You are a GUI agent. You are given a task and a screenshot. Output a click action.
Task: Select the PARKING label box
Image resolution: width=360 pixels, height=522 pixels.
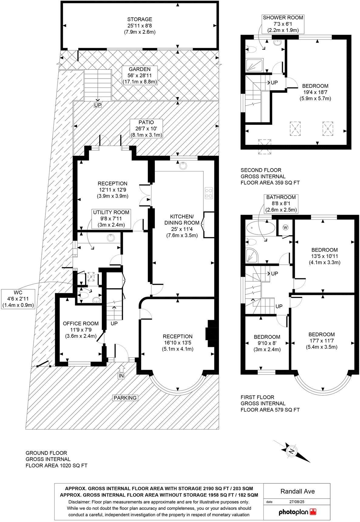125,398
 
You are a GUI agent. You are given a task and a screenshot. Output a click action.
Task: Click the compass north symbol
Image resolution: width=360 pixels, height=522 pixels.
292,451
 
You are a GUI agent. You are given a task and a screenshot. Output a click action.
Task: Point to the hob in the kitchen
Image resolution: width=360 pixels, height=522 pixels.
209,193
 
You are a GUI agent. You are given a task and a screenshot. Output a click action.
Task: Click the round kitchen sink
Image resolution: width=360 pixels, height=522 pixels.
183,165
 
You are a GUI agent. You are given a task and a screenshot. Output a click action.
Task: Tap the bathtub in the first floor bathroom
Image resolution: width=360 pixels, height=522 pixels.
261,228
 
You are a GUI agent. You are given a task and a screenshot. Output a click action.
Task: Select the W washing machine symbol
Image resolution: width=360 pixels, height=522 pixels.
285,227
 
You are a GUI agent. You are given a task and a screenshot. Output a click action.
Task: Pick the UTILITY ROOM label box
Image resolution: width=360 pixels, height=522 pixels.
111,219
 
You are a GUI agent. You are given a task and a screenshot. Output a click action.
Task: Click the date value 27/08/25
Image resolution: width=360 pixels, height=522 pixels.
297,502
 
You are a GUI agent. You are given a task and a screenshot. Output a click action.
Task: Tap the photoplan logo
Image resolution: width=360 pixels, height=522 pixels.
297,512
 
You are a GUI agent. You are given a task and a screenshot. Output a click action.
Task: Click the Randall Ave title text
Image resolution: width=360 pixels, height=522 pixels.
297,491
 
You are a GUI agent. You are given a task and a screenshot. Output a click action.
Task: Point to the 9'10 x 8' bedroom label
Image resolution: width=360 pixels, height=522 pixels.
267,343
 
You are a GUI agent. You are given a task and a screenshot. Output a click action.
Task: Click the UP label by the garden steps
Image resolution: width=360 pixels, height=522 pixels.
98,105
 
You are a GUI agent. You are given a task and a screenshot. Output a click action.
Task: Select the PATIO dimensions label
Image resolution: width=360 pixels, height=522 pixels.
147,128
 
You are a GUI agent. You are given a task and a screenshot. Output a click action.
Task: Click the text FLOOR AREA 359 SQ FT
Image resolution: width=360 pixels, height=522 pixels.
270,183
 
